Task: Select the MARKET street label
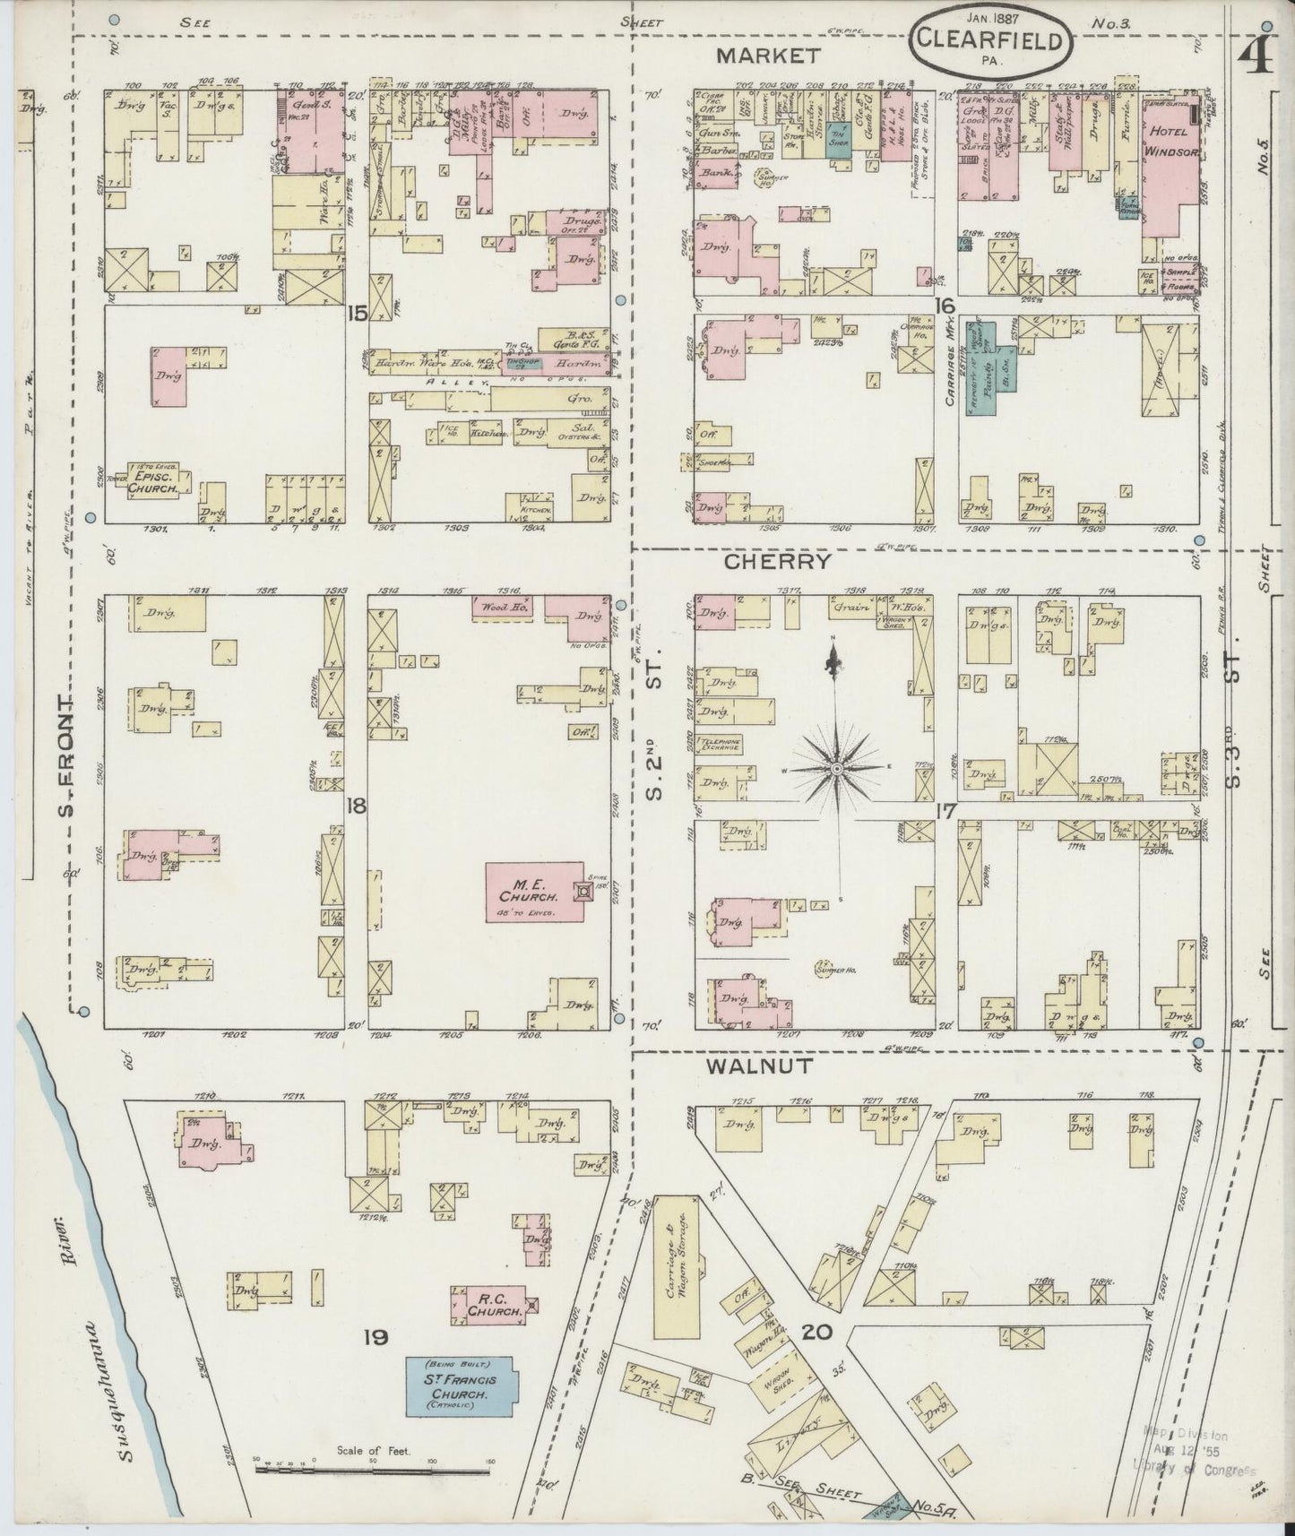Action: [x=768, y=56]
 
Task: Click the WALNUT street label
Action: [x=758, y=1066]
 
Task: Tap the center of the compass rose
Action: [x=835, y=769]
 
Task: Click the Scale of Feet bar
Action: [x=376, y=1470]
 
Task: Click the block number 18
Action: [x=357, y=806]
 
